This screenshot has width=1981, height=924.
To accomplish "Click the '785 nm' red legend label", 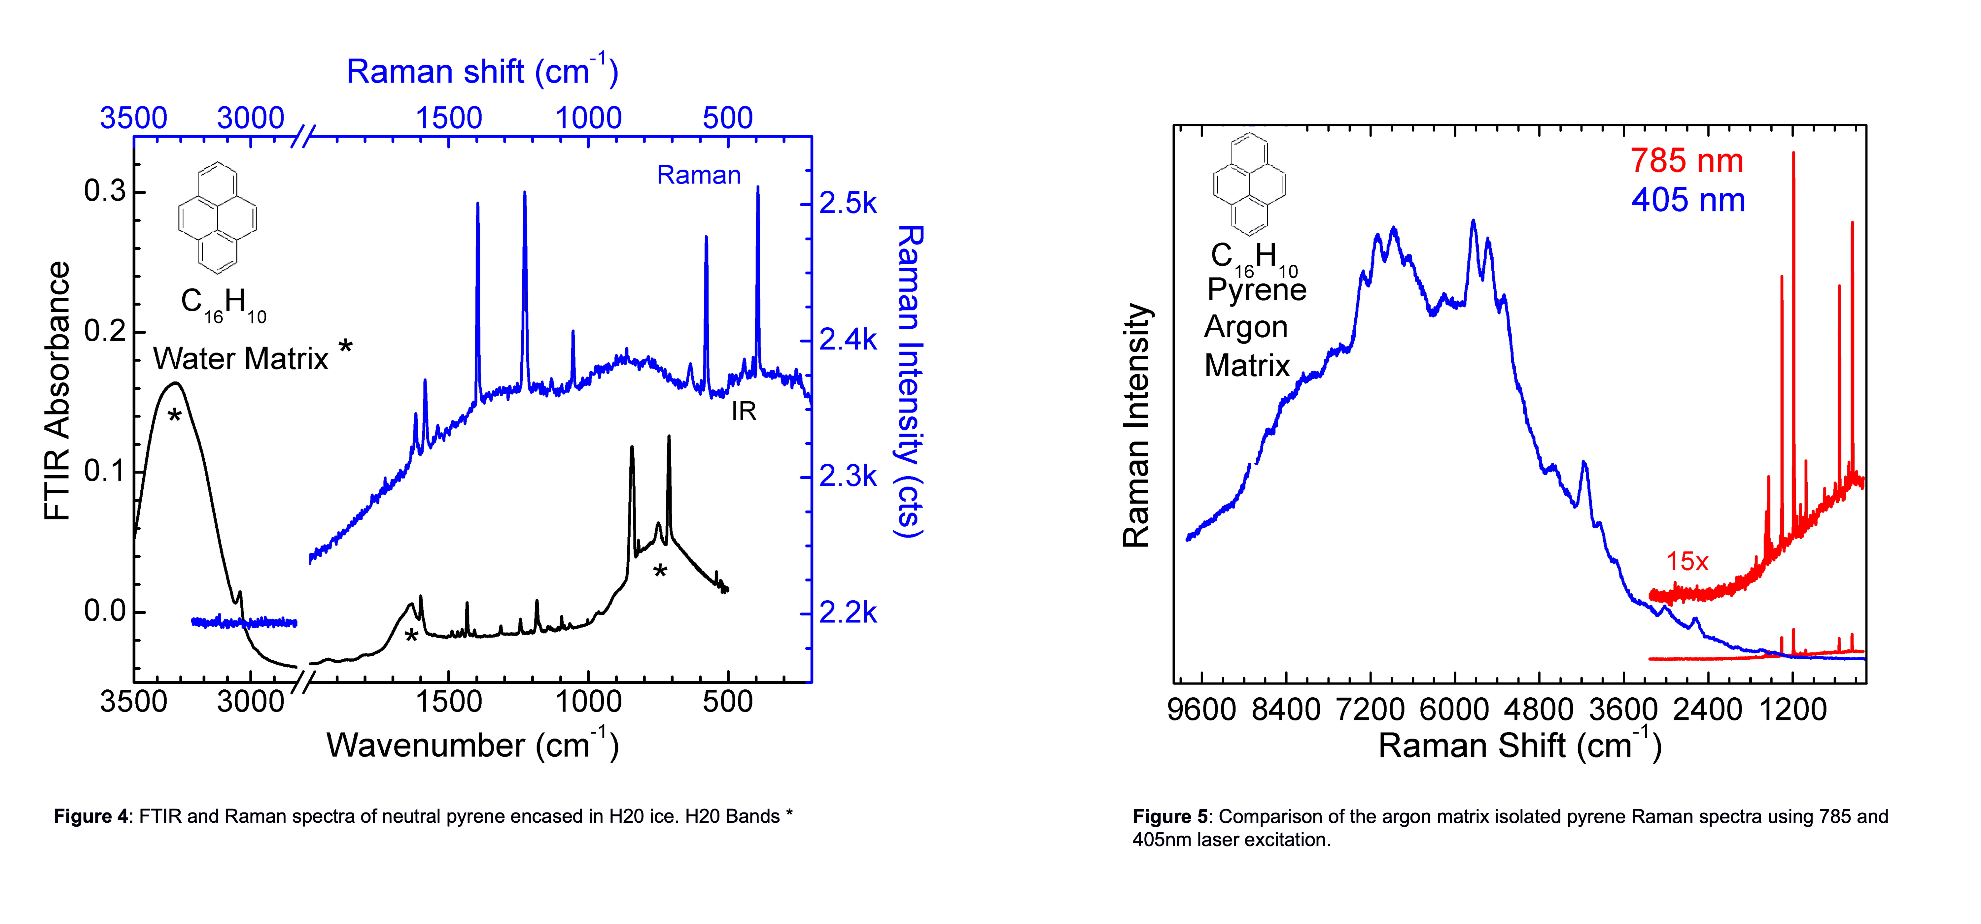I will coord(1686,161).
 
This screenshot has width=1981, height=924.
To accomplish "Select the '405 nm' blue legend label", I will coord(1688,200).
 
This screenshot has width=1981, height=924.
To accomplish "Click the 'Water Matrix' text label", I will coord(241,358).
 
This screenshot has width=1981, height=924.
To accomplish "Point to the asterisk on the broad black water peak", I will coord(175,416).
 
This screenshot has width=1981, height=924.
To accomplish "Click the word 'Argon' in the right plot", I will coord(1246,327).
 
